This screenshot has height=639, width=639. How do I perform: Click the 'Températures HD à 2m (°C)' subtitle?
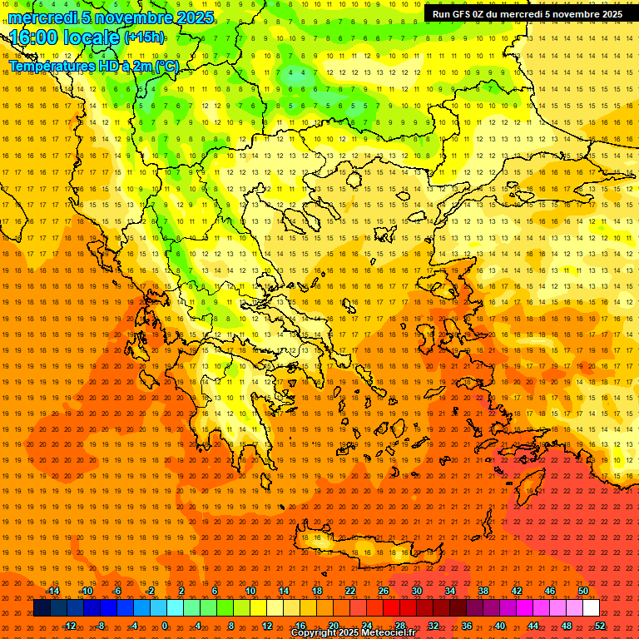[x=93, y=66]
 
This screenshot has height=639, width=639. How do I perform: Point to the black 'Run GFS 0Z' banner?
[x=528, y=14]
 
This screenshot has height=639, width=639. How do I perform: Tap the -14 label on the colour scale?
[x=53, y=591]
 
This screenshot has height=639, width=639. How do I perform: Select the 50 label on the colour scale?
[x=582, y=591]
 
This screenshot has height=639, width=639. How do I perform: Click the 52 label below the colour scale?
[x=600, y=626]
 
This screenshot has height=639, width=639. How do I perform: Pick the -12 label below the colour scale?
[x=70, y=626]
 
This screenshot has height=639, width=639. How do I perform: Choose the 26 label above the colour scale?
[x=384, y=591]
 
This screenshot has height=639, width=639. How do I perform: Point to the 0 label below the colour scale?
[x=165, y=626]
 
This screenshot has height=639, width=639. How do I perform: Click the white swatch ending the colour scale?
[x=591, y=608]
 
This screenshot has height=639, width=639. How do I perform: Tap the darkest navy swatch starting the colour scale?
[x=42, y=608]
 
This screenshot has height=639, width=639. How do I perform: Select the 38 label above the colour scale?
[x=483, y=591]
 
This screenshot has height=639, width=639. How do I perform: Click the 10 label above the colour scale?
[x=250, y=591]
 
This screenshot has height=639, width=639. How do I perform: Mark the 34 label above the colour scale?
[x=450, y=591]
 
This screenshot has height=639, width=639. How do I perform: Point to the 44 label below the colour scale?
[x=533, y=626]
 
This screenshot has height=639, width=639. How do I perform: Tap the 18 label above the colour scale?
[x=317, y=591]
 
